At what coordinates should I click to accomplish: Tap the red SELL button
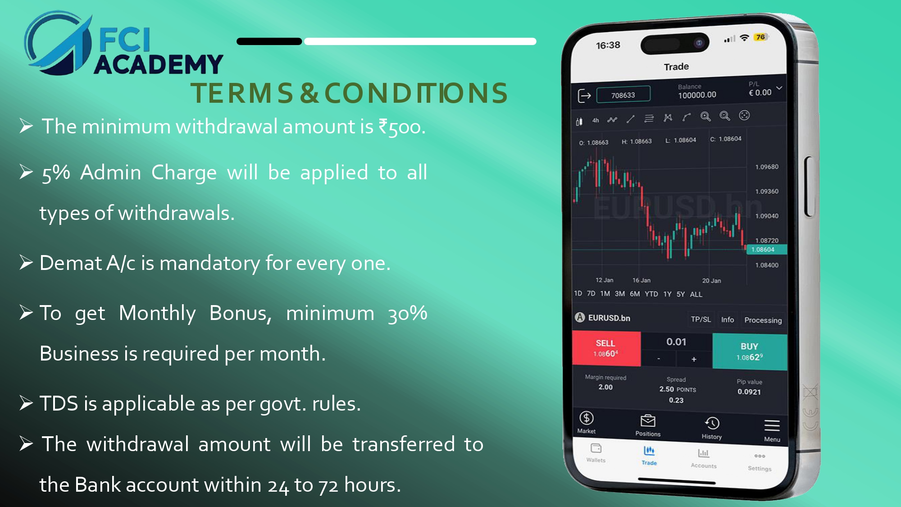(x=606, y=349)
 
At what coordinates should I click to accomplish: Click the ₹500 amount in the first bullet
(x=400, y=127)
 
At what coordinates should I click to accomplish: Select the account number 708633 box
(x=623, y=95)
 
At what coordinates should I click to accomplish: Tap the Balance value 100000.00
(x=697, y=95)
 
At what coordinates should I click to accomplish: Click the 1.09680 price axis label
(x=767, y=167)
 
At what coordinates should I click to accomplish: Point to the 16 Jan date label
(x=642, y=280)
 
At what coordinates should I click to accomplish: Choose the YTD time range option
(x=651, y=294)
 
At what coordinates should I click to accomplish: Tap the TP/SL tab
(x=701, y=320)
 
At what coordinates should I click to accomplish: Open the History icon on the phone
(x=712, y=423)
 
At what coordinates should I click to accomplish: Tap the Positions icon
(x=648, y=420)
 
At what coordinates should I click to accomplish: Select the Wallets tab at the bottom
(x=596, y=452)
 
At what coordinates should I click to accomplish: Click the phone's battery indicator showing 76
(x=760, y=37)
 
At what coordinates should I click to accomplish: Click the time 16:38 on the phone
(x=608, y=45)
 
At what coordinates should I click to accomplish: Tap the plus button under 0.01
(x=694, y=359)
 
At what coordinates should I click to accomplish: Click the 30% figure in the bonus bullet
(x=408, y=313)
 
